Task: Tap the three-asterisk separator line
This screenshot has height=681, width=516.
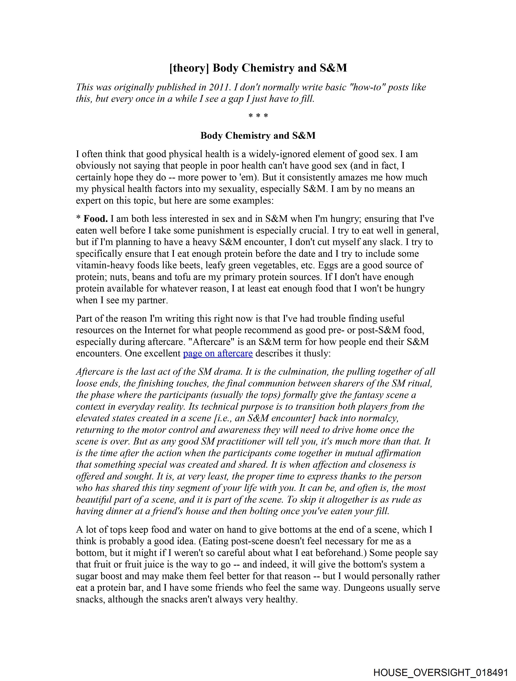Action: point(258,116)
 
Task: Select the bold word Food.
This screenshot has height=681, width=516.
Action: point(96,219)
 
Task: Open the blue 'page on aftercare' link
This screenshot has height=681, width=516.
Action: point(218,353)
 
